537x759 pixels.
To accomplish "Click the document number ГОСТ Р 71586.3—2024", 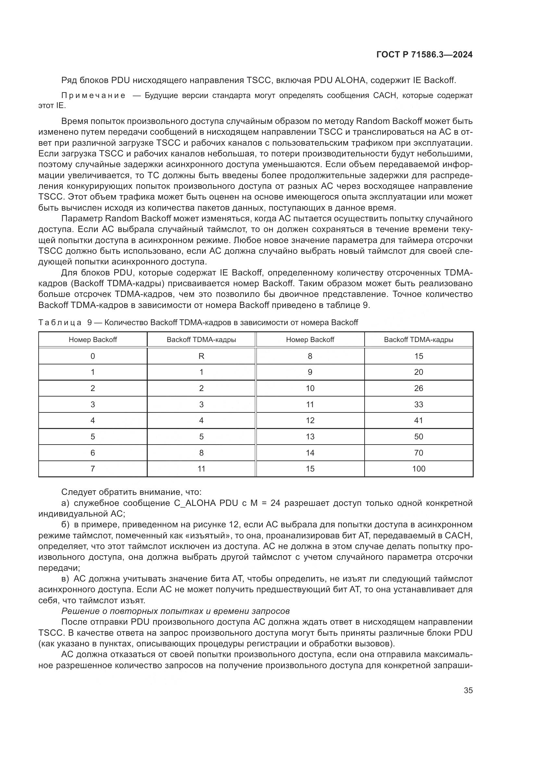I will [x=424, y=55].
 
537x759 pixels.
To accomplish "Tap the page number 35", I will [x=468, y=690].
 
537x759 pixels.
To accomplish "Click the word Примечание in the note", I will [x=93, y=96].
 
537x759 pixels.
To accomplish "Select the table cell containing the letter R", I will [x=201, y=356].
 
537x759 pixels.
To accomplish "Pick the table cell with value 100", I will [x=418, y=469].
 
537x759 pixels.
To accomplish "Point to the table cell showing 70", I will [x=418, y=453].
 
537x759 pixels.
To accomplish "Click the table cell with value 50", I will [x=418, y=437].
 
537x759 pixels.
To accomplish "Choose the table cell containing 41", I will [x=418, y=421].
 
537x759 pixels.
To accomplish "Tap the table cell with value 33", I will [x=418, y=404].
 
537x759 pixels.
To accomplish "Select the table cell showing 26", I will [x=418, y=388].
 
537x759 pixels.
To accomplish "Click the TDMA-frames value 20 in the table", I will [x=418, y=372].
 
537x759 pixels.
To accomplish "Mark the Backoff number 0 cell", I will [x=93, y=356].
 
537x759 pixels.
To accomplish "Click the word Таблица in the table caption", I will [x=60, y=323].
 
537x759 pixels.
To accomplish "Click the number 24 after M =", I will [x=275, y=503].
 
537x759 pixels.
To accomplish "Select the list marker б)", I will [x=65, y=525].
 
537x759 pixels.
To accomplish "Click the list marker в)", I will [x=65, y=579].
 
